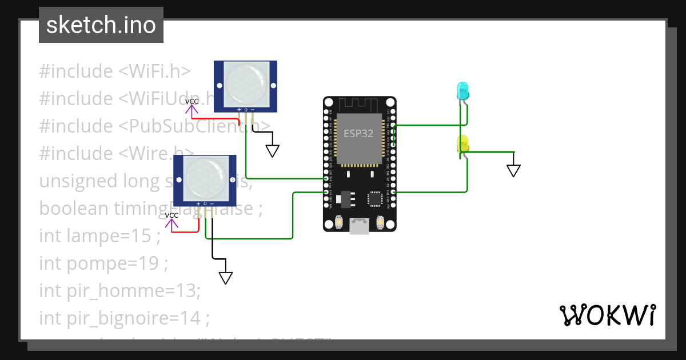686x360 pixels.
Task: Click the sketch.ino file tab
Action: tap(101, 25)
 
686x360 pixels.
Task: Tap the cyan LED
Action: tap(462, 90)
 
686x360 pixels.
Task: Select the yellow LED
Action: tap(462, 143)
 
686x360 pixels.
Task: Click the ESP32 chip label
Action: tap(358, 134)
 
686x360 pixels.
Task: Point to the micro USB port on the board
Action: tap(359, 226)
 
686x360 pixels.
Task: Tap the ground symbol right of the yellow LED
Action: tap(513, 170)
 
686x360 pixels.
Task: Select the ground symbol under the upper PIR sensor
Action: tap(273, 151)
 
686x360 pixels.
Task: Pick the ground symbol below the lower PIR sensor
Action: tap(226, 278)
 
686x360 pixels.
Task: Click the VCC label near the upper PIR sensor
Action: tap(192, 102)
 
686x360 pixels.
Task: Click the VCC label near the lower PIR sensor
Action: tap(171, 215)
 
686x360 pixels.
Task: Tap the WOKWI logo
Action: tap(607, 315)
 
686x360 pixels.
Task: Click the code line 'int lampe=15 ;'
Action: tap(99, 235)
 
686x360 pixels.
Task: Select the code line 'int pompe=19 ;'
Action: tap(103, 263)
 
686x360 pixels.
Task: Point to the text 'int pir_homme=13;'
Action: tap(120, 291)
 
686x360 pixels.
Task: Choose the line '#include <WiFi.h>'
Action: tap(114, 71)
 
